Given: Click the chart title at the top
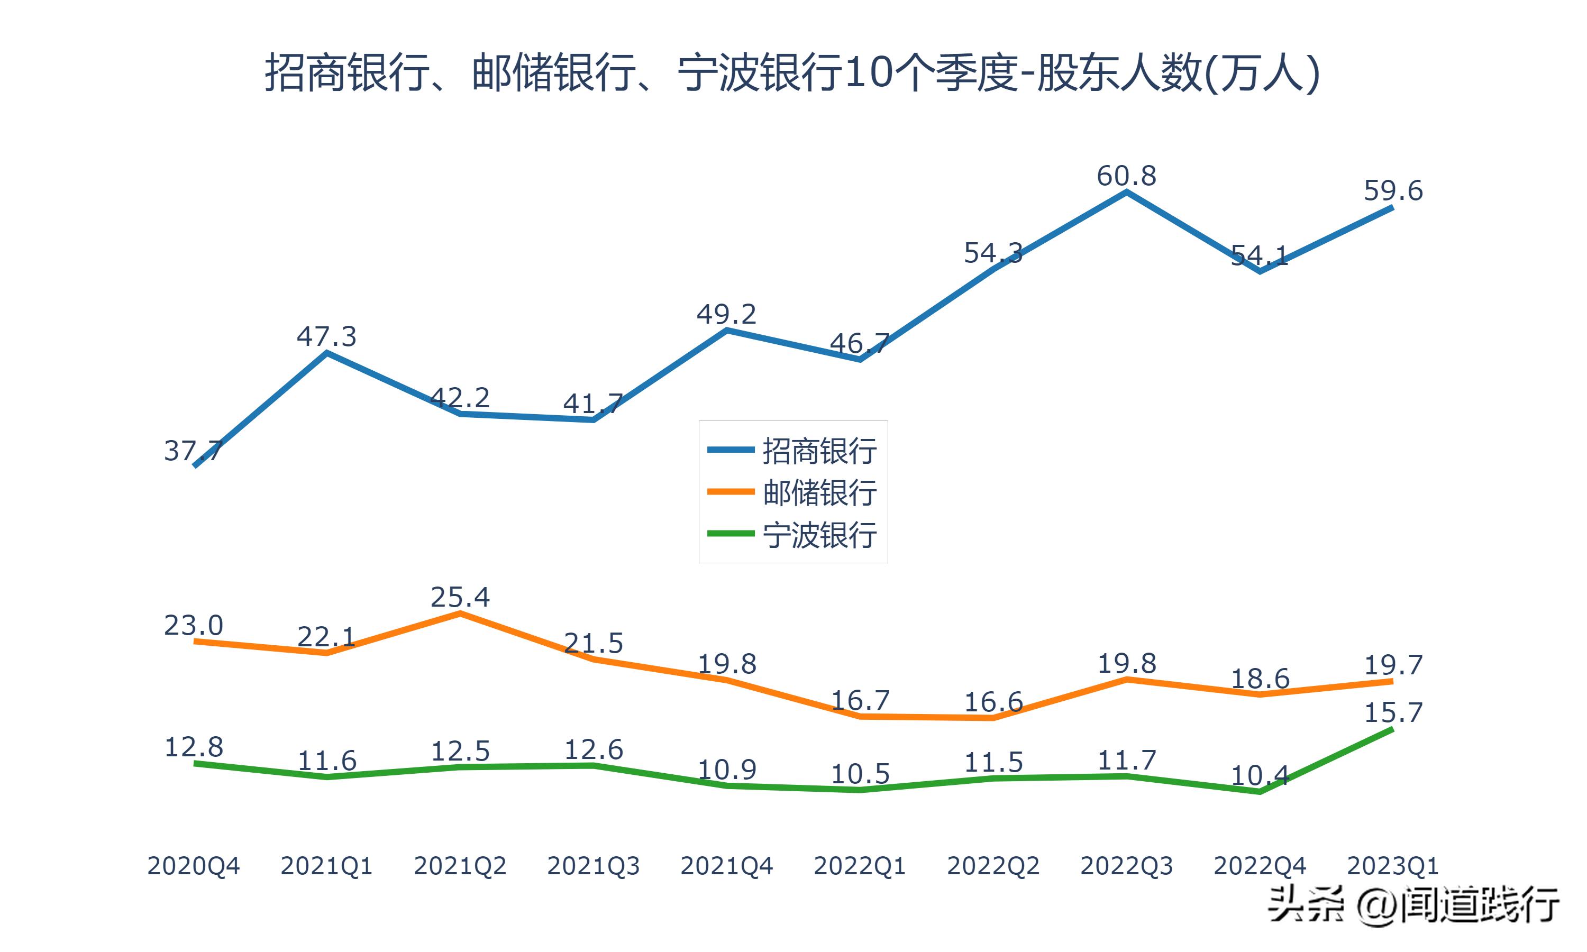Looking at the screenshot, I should click(x=792, y=73).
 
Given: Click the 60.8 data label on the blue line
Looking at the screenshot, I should click(x=1126, y=176).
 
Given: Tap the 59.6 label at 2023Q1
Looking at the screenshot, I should click(x=1393, y=190).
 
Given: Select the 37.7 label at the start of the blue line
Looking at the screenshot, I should click(x=193, y=451).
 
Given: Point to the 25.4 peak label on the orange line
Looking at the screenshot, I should click(x=460, y=597).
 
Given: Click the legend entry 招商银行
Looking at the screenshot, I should click(x=819, y=451).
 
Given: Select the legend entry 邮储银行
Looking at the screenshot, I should click(x=819, y=493).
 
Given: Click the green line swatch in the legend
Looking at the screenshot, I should click(x=730, y=534).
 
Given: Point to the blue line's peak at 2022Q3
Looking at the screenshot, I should click(x=1126, y=192).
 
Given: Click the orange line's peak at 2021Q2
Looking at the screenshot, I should click(x=460, y=614).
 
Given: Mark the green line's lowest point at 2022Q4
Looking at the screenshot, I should click(x=1260, y=792).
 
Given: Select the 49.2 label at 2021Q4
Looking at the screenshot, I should click(x=726, y=314).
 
